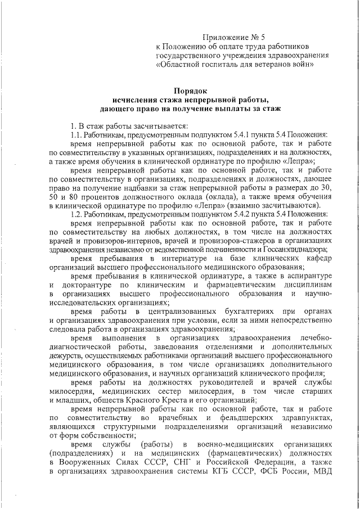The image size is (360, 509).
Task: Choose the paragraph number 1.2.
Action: pos(76,229)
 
